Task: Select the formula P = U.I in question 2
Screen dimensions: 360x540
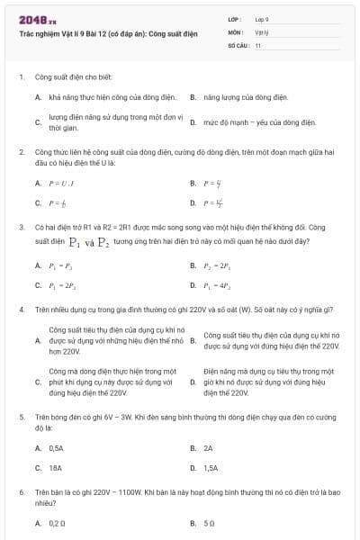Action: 58,183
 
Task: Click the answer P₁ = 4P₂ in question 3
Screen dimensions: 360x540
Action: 220,285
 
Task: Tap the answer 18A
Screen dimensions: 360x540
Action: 55,468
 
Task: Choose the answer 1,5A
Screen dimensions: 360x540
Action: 211,468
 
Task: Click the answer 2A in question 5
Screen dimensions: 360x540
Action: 208,447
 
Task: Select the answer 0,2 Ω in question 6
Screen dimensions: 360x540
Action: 58,522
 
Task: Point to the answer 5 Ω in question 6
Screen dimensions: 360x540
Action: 209,522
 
